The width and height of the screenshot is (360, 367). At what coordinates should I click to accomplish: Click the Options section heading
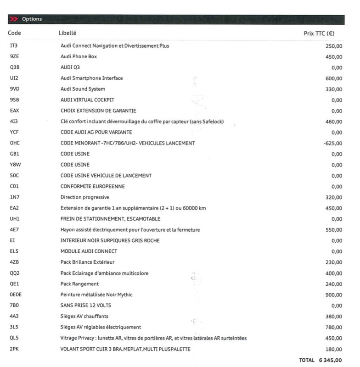(32, 19)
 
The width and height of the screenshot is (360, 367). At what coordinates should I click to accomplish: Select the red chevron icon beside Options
(14, 19)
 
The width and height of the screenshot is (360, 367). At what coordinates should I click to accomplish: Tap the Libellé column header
(67, 33)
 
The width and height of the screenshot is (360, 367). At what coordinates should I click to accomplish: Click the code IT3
(13, 46)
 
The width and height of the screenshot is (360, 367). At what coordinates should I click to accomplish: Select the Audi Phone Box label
(79, 56)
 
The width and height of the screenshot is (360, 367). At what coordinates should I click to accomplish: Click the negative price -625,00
(332, 144)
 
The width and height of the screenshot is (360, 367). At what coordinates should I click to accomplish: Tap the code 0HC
(14, 143)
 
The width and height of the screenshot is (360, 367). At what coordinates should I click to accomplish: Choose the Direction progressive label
(85, 197)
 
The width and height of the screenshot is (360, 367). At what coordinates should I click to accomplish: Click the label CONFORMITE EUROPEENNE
(92, 187)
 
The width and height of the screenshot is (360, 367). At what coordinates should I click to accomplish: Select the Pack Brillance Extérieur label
(87, 262)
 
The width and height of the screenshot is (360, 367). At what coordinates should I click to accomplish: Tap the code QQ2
(14, 273)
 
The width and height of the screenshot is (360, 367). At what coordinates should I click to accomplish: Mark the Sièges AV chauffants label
(84, 316)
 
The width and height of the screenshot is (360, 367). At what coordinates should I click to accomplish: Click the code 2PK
(14, 349)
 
